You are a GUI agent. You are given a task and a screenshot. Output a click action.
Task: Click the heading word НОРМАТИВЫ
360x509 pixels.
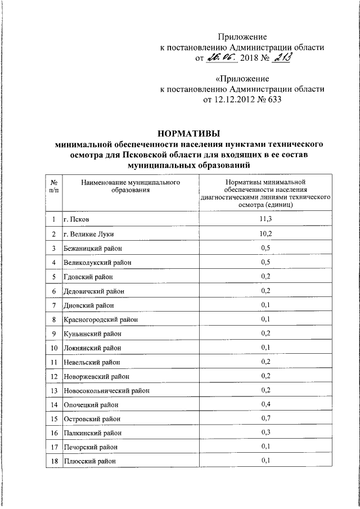[188, 133]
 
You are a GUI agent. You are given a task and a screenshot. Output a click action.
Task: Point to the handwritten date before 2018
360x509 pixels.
[223, 57]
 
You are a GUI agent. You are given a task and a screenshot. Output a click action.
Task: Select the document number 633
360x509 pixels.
[272, 100]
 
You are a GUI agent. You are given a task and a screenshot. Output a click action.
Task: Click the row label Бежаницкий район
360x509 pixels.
[93, 248]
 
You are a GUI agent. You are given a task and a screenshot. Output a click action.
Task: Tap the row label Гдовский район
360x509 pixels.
[88, 277]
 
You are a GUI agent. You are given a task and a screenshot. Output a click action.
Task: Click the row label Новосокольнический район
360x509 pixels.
[106, 390]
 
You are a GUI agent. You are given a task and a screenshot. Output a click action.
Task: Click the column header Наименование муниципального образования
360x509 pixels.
[129, 187]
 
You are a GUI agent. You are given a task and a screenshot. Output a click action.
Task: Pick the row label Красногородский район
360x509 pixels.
[101, 319]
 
